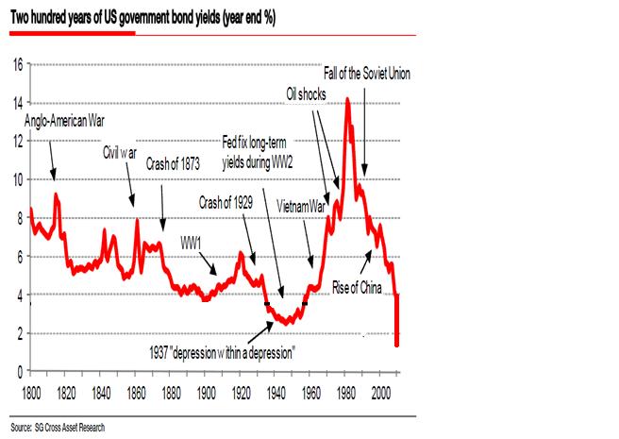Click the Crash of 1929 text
(x=231, y=200)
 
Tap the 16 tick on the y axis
(x=17, y=65)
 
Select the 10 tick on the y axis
(x=17, y=179)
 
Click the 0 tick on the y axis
(x=20, y=371)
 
